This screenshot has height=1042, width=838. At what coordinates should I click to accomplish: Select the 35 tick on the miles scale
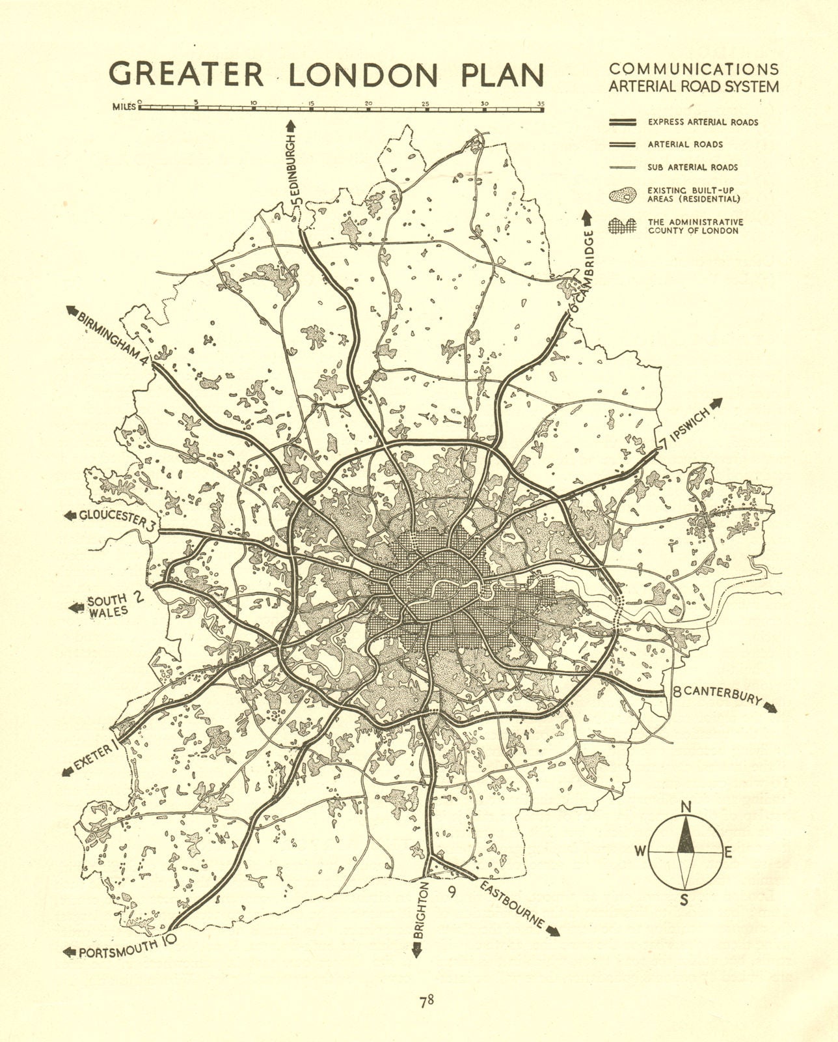(541, 103)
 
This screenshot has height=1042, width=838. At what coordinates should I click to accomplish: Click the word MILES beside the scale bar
(124, 107)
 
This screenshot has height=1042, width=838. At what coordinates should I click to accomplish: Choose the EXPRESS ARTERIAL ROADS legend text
(703, 122)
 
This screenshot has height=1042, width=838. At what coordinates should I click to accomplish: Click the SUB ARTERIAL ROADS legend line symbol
(622, 167)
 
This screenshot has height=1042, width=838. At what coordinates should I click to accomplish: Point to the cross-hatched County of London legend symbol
(622, 226)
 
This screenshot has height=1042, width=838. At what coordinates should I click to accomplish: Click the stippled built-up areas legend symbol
(622, 195)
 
